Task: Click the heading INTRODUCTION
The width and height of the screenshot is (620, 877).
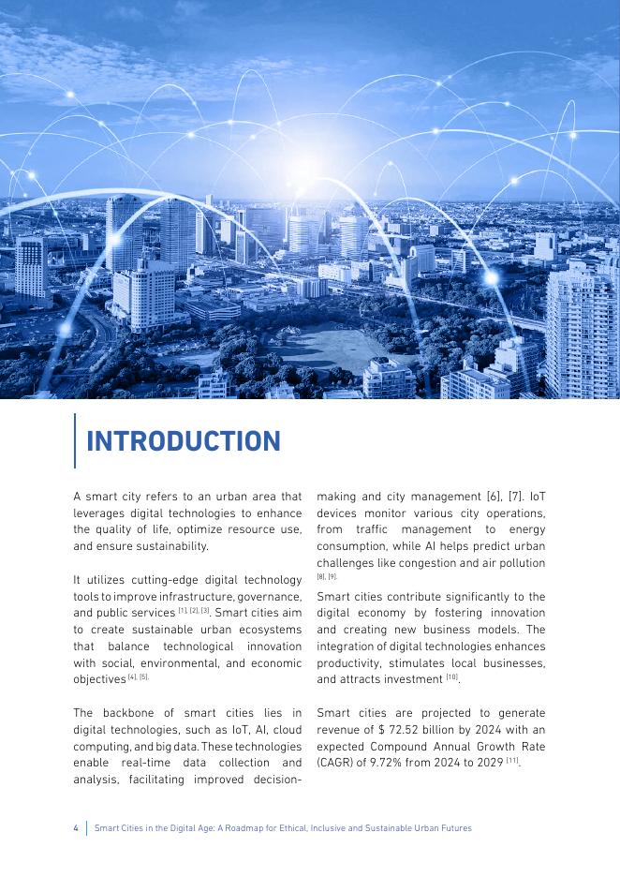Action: (x=184, y=441)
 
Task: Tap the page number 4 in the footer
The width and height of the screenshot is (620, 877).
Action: (x=76, y=828)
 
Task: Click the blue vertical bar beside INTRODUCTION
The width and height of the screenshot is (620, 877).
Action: (x=74, y=440)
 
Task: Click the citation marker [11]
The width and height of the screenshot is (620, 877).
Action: (x=511, y=761)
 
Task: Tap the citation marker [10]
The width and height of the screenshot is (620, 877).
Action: (x=451, y=677)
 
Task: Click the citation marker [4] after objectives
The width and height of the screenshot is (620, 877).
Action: (x=132, y=677)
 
